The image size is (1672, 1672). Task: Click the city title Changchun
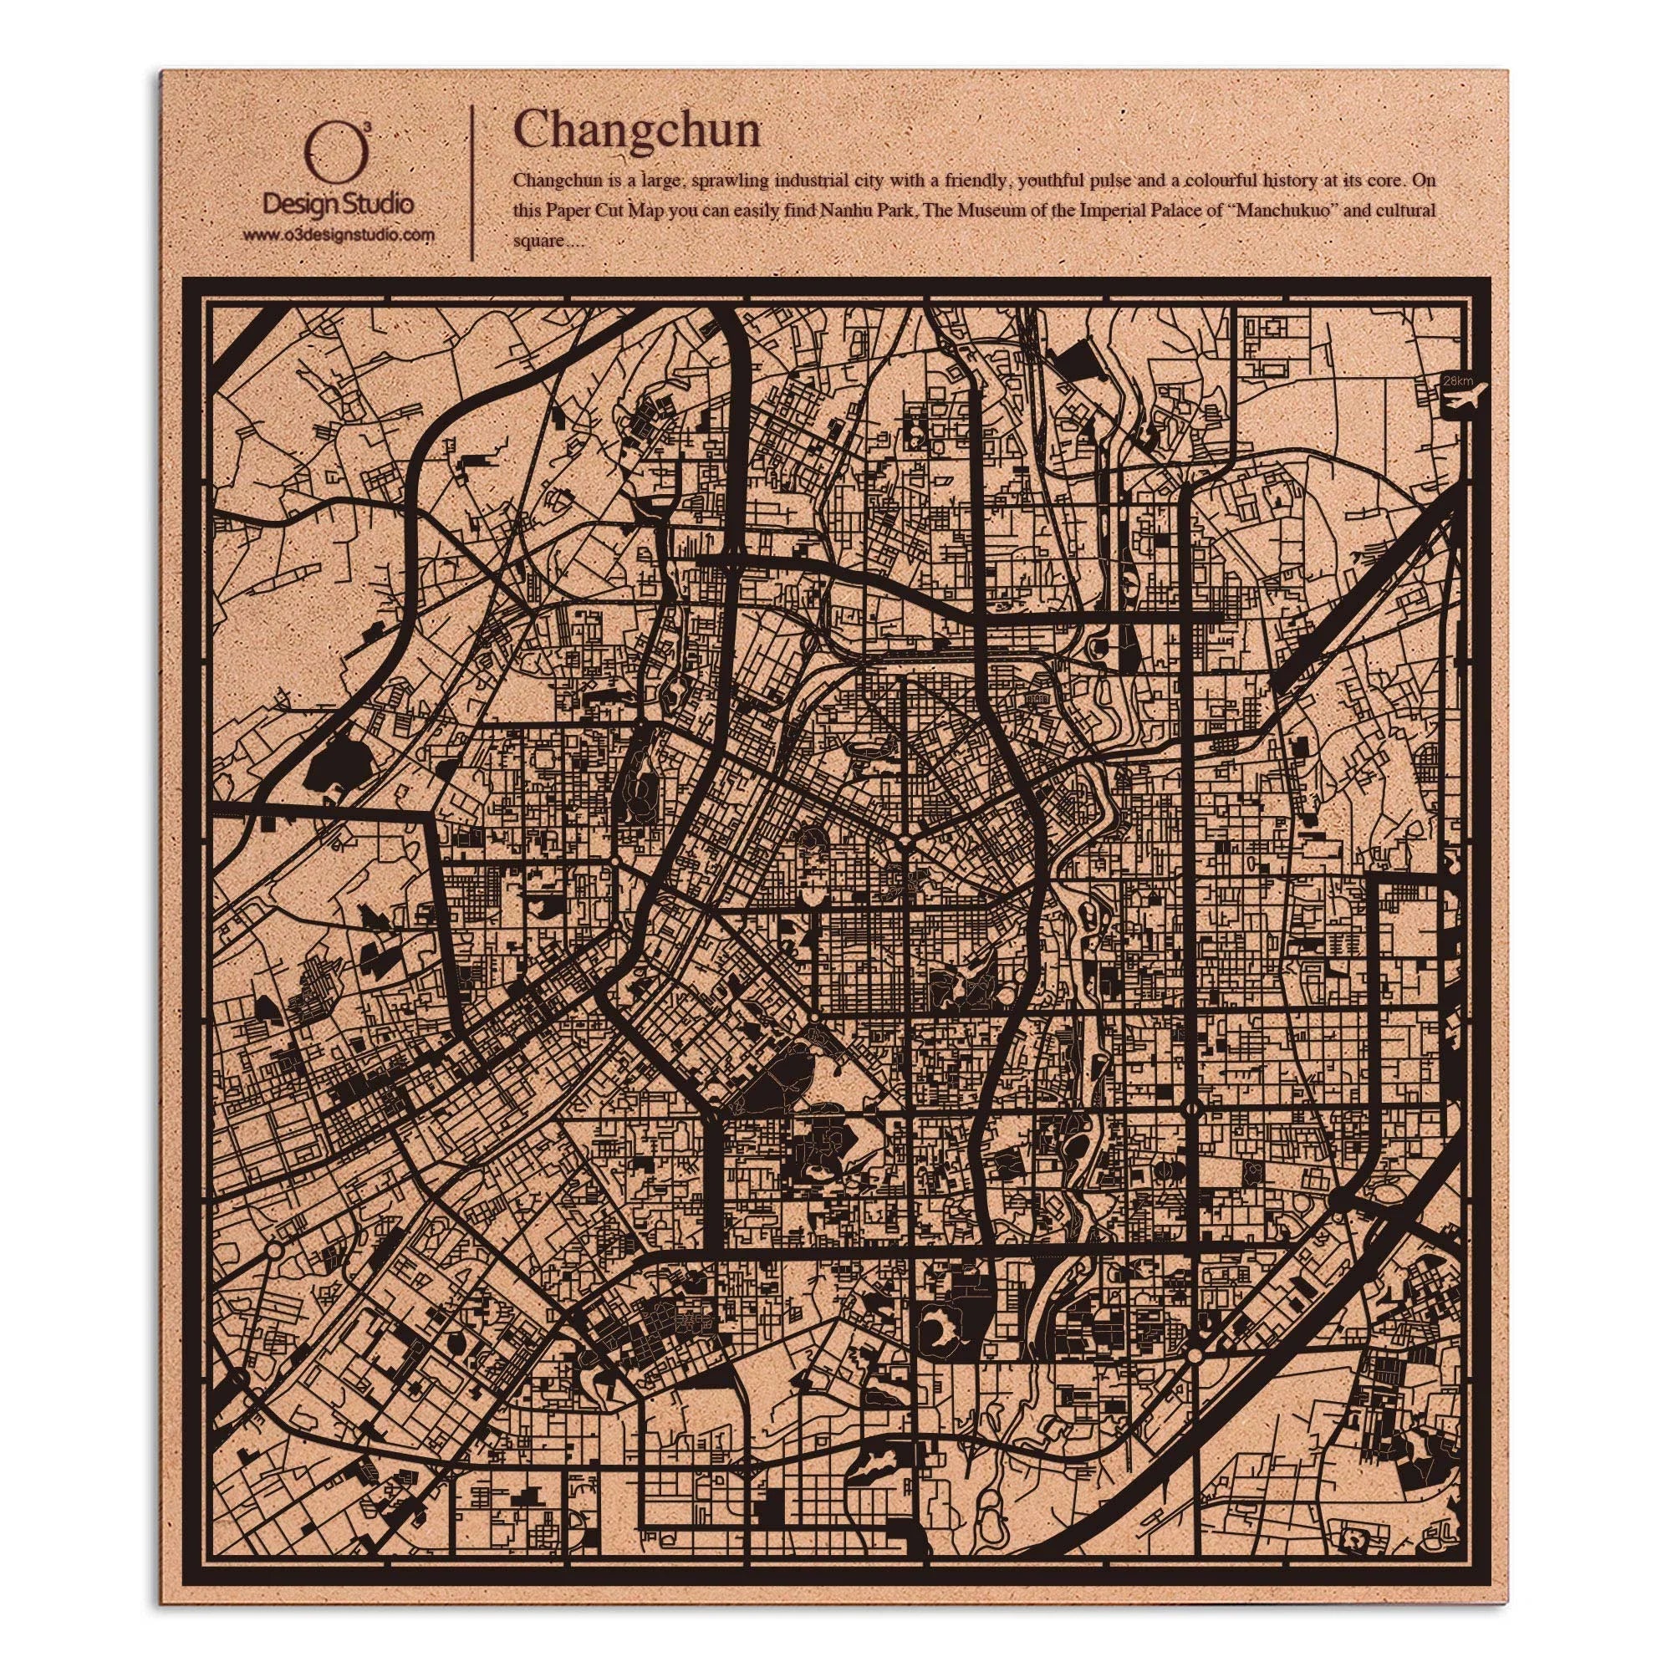pyautogui.click(x=637, y=132)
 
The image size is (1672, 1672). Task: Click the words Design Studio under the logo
pyautogui.click(x=338, y=204)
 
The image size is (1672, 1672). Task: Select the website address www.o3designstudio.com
pyautogui.click(x=338, y=235)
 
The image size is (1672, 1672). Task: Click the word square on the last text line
pyautogui.click(x=537, y=242)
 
